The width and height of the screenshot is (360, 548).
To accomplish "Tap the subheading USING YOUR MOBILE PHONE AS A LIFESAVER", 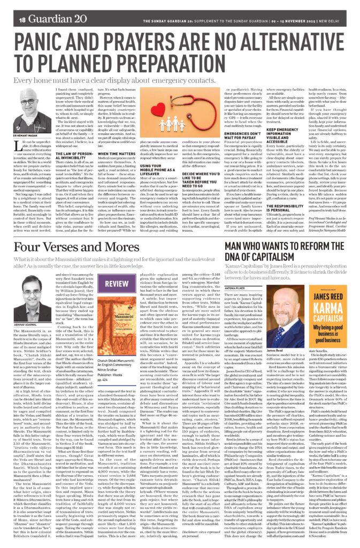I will click(x=192, y=184).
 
